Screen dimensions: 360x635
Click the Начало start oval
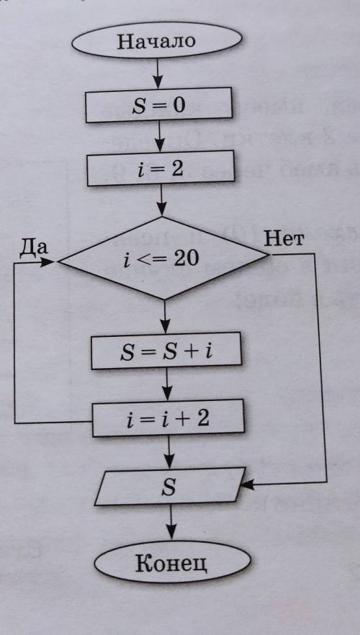[x=157, y=40]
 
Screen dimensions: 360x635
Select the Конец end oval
[x=172, y=562]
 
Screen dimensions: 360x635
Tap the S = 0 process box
[x=158, y=105]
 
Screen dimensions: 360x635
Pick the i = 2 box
[x=161, y=168]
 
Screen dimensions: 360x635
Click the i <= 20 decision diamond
[x=163, y=258]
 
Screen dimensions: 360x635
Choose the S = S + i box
[x=166, y=351]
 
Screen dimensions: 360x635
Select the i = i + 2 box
[x=168, y=418]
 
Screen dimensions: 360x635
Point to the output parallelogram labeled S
[x=170, y=487]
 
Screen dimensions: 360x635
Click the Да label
[x=34, y=248]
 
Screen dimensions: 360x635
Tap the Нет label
[x=283, y=239]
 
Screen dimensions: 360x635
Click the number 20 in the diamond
[x=186, y=258]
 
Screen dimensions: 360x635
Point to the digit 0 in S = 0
[x=179, y=104]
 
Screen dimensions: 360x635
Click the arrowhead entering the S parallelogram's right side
[x=248, y=485]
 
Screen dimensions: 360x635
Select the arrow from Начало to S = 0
[x=158, y=73]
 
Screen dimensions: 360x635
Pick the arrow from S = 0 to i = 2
[x=160, y=137]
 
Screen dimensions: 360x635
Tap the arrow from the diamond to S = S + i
[x=164, y=316]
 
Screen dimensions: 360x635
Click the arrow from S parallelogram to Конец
[x=171, y=523]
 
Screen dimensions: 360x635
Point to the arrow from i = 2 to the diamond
[x=161, y=202]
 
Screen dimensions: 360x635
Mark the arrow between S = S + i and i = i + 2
[x=167, y=384]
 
